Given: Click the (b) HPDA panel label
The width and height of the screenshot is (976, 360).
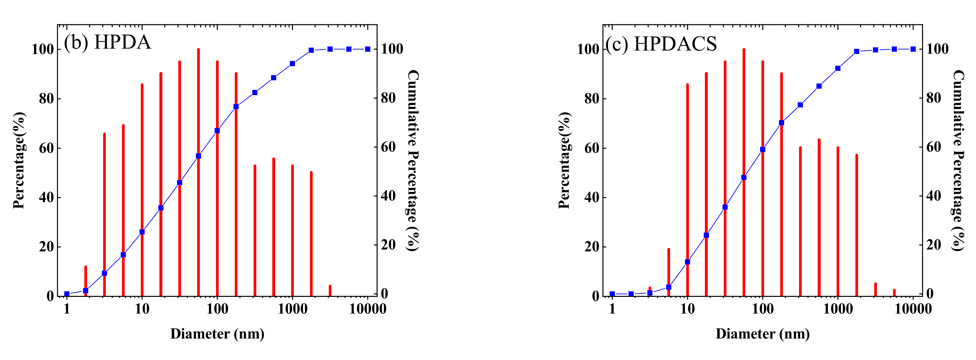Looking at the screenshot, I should (107, 42).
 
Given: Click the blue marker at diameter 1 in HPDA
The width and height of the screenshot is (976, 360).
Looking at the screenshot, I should (67, 294).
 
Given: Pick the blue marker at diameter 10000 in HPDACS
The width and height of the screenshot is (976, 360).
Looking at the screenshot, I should (913, 49).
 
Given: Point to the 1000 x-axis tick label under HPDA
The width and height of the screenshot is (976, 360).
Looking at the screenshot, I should (293, 309).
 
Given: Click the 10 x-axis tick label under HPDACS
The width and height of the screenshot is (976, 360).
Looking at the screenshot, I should (687, 309).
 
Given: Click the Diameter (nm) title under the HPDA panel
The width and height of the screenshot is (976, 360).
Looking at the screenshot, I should (217, 334).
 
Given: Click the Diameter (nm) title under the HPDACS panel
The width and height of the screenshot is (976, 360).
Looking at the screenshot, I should (763, 334).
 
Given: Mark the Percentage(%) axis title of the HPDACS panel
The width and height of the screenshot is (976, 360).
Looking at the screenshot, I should (564, 160).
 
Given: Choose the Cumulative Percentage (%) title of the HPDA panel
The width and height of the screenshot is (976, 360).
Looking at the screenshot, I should (413, 160).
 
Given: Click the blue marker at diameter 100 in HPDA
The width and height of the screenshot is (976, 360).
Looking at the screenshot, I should (217, 130).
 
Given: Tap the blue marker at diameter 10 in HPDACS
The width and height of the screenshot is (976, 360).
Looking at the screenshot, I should (687, 261).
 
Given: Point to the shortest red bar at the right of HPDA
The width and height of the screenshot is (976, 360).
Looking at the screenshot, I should (330, 290).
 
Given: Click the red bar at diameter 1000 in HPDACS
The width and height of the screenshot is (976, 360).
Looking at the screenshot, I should (838, 222).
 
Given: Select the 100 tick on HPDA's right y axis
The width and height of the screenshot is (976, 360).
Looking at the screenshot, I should (392, 49).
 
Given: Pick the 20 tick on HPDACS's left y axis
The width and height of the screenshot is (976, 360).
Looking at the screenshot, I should (592, 247).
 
